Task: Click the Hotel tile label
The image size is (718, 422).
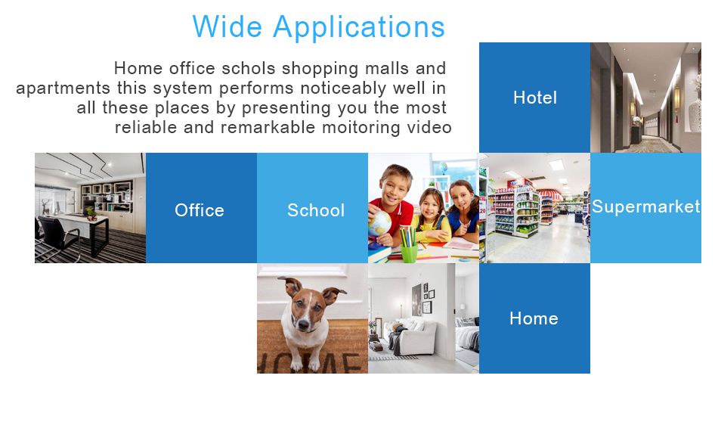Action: pyautogui.click(x=535, y=98)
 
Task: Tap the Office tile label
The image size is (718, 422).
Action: pyautogui.click(x=200, y=210)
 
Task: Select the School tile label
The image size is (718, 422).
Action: pyautogui.click(x=315, y=210)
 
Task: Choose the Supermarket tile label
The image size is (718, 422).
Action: pyautogui.click(x=645, y=206)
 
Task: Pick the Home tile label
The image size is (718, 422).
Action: pyautogui.click(x=534, y=318)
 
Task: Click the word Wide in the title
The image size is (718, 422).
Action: pyautogui.click(x=227, y=27)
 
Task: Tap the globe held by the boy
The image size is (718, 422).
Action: pyautogui.click(x=379, y=224)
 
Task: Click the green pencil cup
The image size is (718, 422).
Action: pyautogui.click(x=409, y=253)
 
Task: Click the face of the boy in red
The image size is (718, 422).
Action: pyautogui.click(x=395, y=188)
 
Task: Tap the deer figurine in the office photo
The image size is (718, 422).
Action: pyautogui.click(x=47, y=207)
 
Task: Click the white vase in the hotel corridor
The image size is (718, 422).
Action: pyautogui.click(x=695, y=114)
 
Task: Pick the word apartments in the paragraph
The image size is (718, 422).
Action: pyautogui.click(x=63, y=88)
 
